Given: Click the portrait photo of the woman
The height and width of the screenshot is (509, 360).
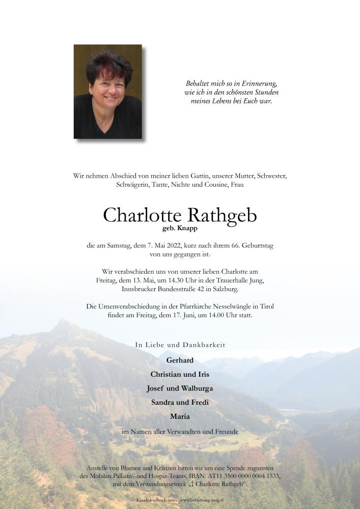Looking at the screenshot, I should click(x=107, y=92).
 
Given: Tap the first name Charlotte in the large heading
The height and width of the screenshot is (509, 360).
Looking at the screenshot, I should click(x=142, y=215).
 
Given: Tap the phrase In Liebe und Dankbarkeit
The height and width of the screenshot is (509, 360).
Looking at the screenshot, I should click(x=180, y=345).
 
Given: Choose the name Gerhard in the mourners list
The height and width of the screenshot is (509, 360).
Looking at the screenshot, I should click(x=180, y=360).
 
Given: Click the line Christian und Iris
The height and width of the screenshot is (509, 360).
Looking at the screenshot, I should click(x=180, y=374).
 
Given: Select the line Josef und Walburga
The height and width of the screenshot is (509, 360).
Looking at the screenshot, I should click(x=180, y=388).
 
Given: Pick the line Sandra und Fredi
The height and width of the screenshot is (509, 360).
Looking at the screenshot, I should click(x=180, y=402).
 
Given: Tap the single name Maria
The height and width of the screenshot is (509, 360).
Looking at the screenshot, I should click(x=180, y=416).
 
